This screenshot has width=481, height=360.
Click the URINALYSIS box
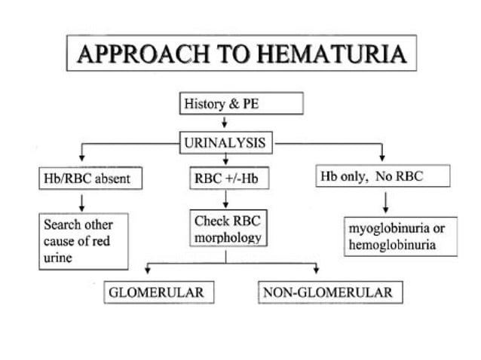click(225, 140)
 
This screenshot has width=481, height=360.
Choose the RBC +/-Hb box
click(225, 179)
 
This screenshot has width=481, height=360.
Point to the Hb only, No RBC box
click(383, 177)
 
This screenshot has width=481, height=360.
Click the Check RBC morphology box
click(227, 230)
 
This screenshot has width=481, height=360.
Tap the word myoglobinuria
click(384, 227)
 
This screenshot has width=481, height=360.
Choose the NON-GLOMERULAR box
click(327, 291)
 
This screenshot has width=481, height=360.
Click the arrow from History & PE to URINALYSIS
click(225, 123)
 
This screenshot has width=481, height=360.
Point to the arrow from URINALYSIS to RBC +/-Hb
click(225, 158)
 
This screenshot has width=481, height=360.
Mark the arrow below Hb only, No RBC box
click(386, 202)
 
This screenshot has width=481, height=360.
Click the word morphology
click(227, 238)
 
